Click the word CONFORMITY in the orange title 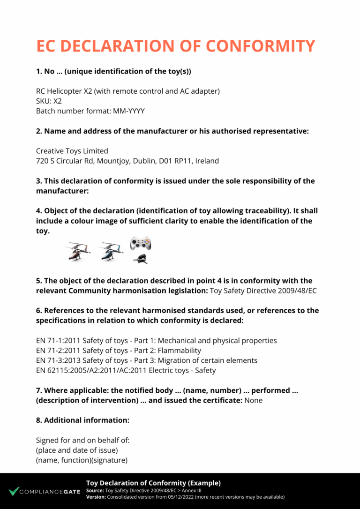coord(260,46)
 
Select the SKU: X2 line coord(49,101)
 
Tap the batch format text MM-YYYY coord(128,111)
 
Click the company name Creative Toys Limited coord(72,151)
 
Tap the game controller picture coord(140,244)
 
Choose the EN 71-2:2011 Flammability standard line coord(119,351)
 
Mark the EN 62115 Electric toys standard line coord(126,370)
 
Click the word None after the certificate coord(253,400)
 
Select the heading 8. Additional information coord(82,420)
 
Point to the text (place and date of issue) coord(77,450)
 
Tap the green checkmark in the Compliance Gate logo coord(14,491)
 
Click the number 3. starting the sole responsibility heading coord(39,181)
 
